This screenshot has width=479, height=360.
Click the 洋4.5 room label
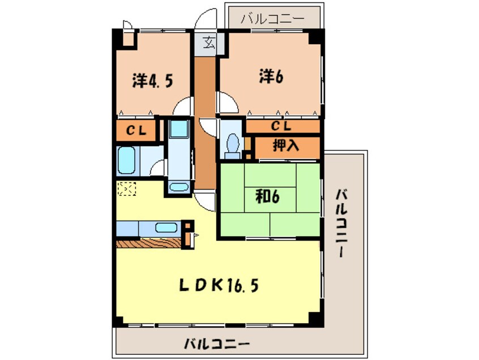pyautogui.click(x=153, y=80)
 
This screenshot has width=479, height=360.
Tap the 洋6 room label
pyautogui.click(x=271, y=76)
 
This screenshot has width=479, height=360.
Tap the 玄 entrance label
pyautogui.click(x=209, y=42)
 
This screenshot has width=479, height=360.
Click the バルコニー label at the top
pyautogui.click(x=272, y=19)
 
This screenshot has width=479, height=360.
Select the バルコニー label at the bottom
pyautogui.click(x=217, y=344)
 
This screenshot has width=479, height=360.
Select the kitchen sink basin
pyautogui.click(x=165, y=228)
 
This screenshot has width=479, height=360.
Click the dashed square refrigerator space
pyautogui.click(x=126, y=188)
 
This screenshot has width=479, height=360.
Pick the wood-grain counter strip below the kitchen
pyautogui.click(x=150, y=242)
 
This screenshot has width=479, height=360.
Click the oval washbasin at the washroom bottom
pyautogui.click(x=179, y=187)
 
